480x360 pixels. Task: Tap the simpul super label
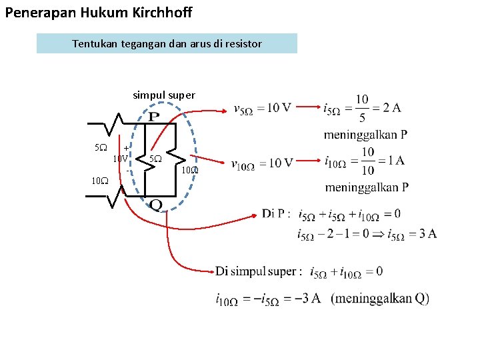[x=164, y=95]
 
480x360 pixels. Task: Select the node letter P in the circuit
[x=153, y=117]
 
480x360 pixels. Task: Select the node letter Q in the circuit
[x=155, y=204]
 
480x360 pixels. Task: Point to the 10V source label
[x=120, y=159]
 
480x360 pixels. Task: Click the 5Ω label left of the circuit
[x=99, y=147]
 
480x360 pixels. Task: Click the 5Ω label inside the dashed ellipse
[x=155, y=159]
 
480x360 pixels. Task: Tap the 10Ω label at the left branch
[x=99, y=180]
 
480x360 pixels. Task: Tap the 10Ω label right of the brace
[x=190, y=170]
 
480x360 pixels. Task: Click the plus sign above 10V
[x=125, y=148]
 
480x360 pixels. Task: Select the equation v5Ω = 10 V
[x=262, y=109]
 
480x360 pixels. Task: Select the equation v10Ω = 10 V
[x=262, y=163]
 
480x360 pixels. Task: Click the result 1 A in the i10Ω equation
[x=391, y=161]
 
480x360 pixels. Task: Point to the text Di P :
[x=276, y=214]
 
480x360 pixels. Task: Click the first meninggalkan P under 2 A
[x=366, y=135]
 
